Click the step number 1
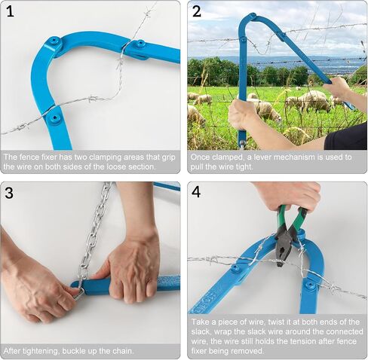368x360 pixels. pyautogui.click(x=10, y=11)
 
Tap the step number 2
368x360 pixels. pyautogui.click(x=197, y=11)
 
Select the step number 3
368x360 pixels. pyautogui.click(x=9, y=193)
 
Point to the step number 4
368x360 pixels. pyautogui.click(x=196, y=192)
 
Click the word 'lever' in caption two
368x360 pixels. pyautogui.click(x=262, y=157)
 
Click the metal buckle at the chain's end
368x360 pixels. pyautogui.click(x=79, y=293)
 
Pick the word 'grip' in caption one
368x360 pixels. pyautogui.click(x=167, y=157)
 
